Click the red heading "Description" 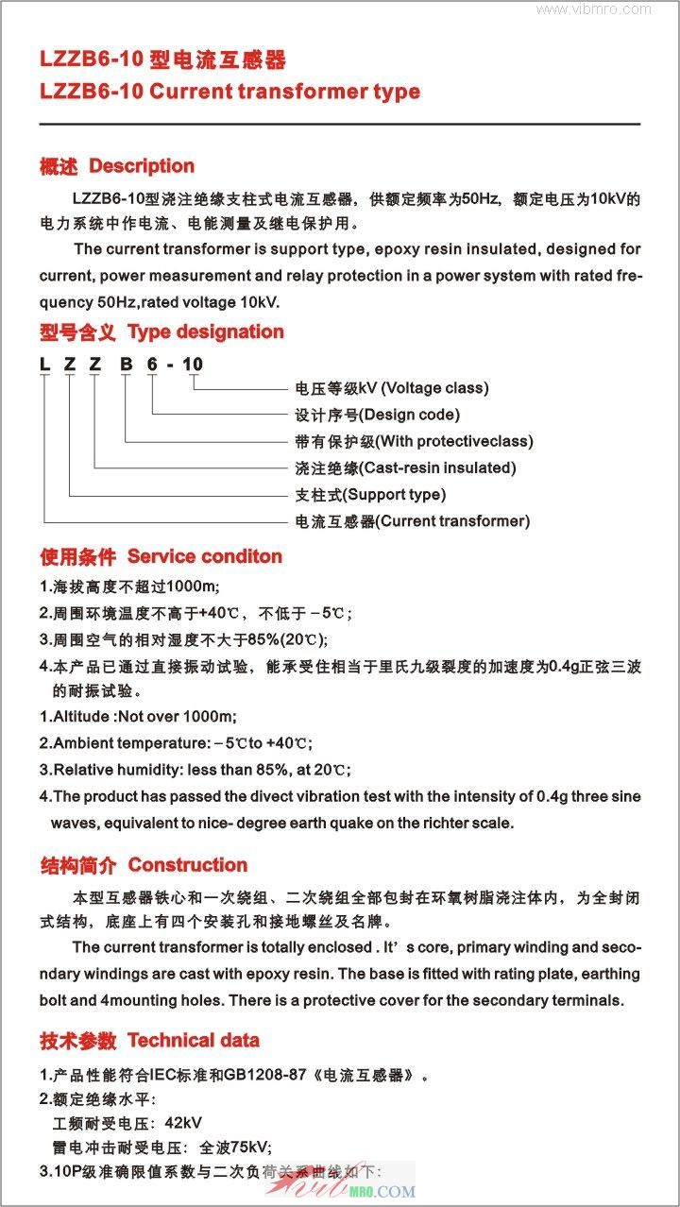click(x=142, y=166)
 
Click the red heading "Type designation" click(x=205, y=332)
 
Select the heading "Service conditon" click(x=205, y=556)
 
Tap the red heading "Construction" click(x=188, y=865)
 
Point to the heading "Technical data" click(x=194, y=1041)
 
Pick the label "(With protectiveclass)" click(x=454, y=441)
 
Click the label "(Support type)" click(x=394, y=494)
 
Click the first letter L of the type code click(x=44, y=365)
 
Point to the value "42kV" click(x=183, y=1123)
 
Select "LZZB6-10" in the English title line click(x=92, y=93)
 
